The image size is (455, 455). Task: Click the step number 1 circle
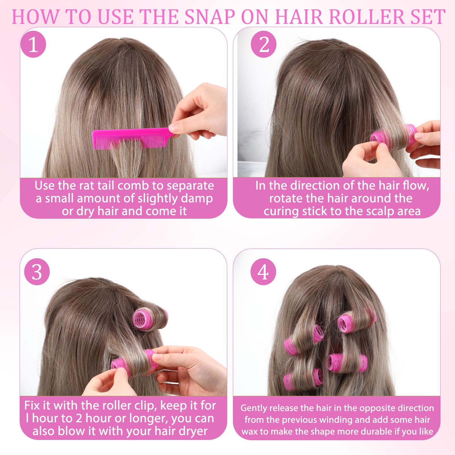tap(33, 44)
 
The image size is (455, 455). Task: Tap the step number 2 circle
tap(264, 44)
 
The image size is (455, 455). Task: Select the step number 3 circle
tap(37, 272)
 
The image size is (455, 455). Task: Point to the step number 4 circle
tap(263, 272)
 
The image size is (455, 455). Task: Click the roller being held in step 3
tap(134, 363)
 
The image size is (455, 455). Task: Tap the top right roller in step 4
tap(357, 320)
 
